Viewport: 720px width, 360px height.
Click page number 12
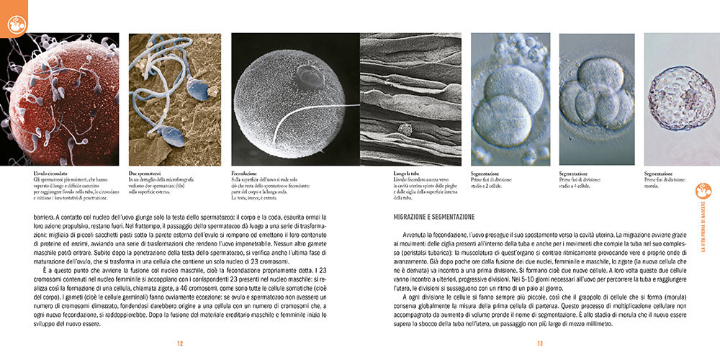181,343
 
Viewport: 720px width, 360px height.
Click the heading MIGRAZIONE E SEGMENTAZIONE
434,216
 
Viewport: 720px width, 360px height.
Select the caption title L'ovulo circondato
51,174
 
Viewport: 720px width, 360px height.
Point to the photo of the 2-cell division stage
510,99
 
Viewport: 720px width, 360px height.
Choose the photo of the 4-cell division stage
596,99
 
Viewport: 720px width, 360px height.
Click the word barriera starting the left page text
47,215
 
